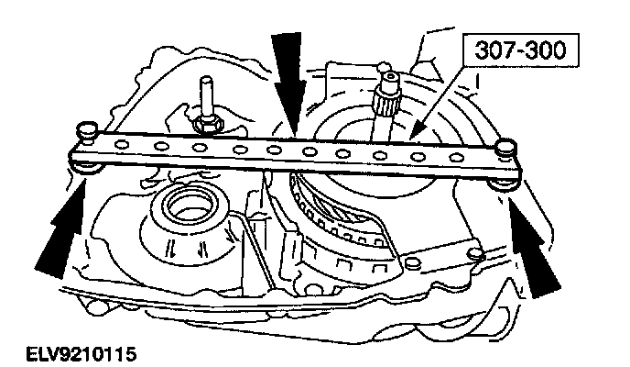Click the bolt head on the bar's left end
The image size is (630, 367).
[88, 129]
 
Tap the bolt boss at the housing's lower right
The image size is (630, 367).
[472, 250]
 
